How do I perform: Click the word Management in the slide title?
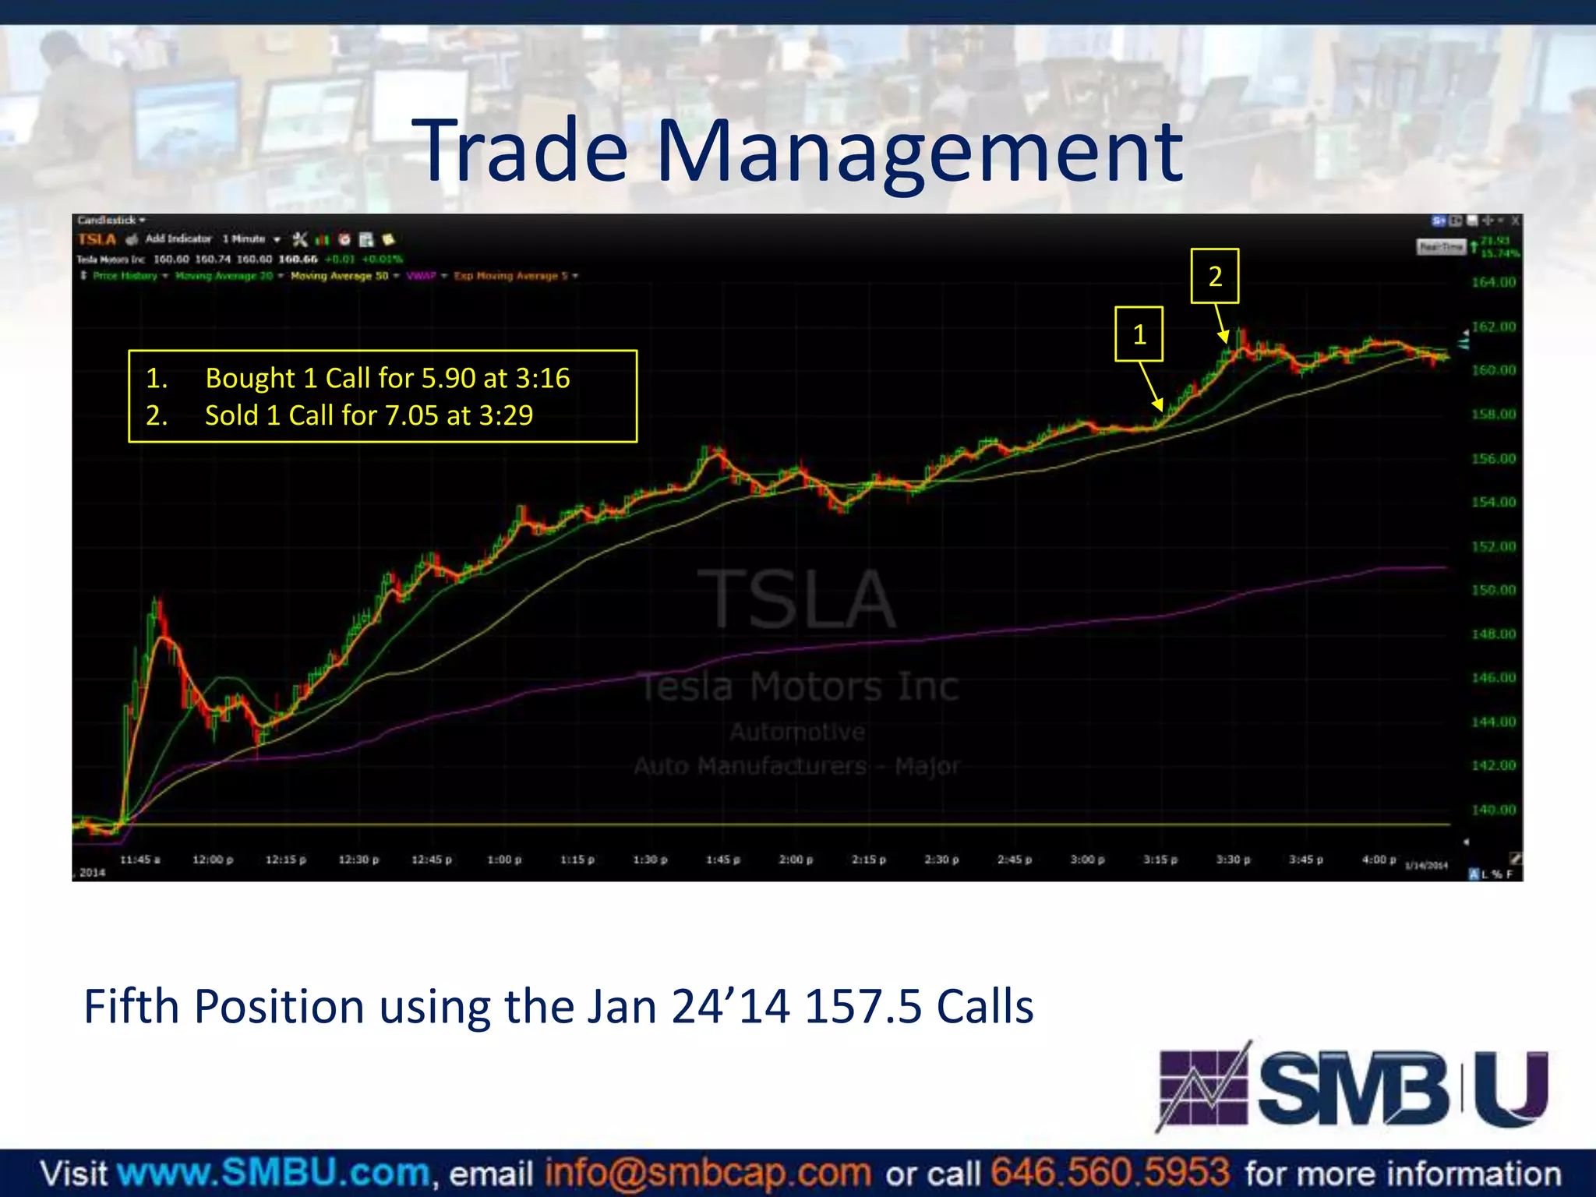coord(920,151)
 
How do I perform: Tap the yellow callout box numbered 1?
coord(1139,334)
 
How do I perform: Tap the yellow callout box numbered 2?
coord(1214,276)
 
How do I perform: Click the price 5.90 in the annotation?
coord(447,379)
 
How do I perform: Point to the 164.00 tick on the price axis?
coord(1493,282)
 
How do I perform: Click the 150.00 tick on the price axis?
coord(1493,590)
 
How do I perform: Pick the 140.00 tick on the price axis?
coord(1493,810)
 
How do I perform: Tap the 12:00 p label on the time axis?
coord(212,860)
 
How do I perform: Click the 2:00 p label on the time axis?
coord(796,860)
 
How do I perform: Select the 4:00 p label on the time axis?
coord(1379,860)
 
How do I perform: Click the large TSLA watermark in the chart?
coord(796,599)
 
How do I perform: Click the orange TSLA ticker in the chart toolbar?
coord(97,239)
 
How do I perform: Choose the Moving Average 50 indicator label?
coord(339,276)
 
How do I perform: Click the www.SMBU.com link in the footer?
coord(274,1173)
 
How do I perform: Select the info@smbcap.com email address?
coord(708,1173)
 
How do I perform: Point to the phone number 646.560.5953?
coord(1110,1173)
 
